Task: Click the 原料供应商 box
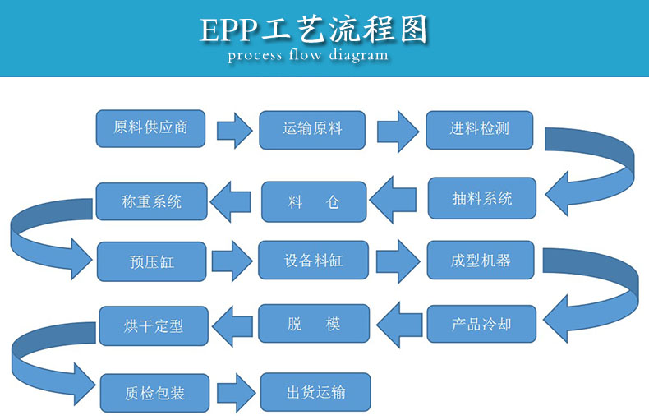coord(150,128)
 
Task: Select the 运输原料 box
coord(312,129)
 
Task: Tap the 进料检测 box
coord(479,129)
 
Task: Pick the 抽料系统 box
coord(481,198)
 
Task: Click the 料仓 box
coord(314,201)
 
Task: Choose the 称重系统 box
coord(151,201)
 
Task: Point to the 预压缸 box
coord(151,261)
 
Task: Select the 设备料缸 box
coord(314,261)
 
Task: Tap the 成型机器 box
coord(481,261)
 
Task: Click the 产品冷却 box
coord(481,324)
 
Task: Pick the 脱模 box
coord(314,324)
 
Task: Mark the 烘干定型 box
coord(153,325)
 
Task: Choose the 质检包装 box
coord(154,392)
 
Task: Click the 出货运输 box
coord(315,392)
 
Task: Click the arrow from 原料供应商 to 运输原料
coord(233,130)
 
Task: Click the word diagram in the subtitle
coord(359,57)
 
